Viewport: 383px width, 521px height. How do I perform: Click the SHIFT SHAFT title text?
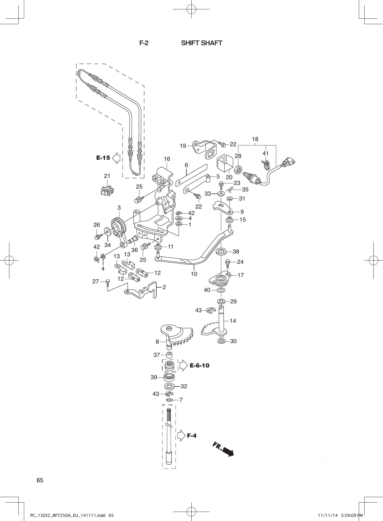(x=201, y=43)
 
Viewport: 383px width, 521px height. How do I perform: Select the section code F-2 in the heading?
(x=144, y=43)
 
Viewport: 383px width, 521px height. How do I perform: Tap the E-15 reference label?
(x=103, y=158)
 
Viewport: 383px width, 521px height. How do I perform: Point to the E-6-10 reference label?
(x=199, y=365)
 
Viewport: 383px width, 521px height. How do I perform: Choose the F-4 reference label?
(x=192, y=436)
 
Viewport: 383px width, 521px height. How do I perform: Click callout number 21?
(x=107, y=176)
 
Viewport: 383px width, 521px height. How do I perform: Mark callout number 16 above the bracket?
(x=167, y=159)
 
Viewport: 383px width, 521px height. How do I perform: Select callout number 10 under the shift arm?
(x=194, y=274)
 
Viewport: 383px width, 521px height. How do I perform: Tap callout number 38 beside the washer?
(x=236, y=251)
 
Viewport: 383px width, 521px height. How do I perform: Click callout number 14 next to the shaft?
(x=233, y=321)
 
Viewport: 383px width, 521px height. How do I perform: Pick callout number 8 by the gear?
(x=157, y=342)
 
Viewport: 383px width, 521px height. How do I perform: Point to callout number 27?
(x=96, y=281)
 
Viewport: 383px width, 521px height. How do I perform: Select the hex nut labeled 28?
(x=238, y=170)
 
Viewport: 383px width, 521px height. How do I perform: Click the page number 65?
(x=40, y=480)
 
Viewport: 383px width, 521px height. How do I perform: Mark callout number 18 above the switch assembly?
(x=255, y=139)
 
